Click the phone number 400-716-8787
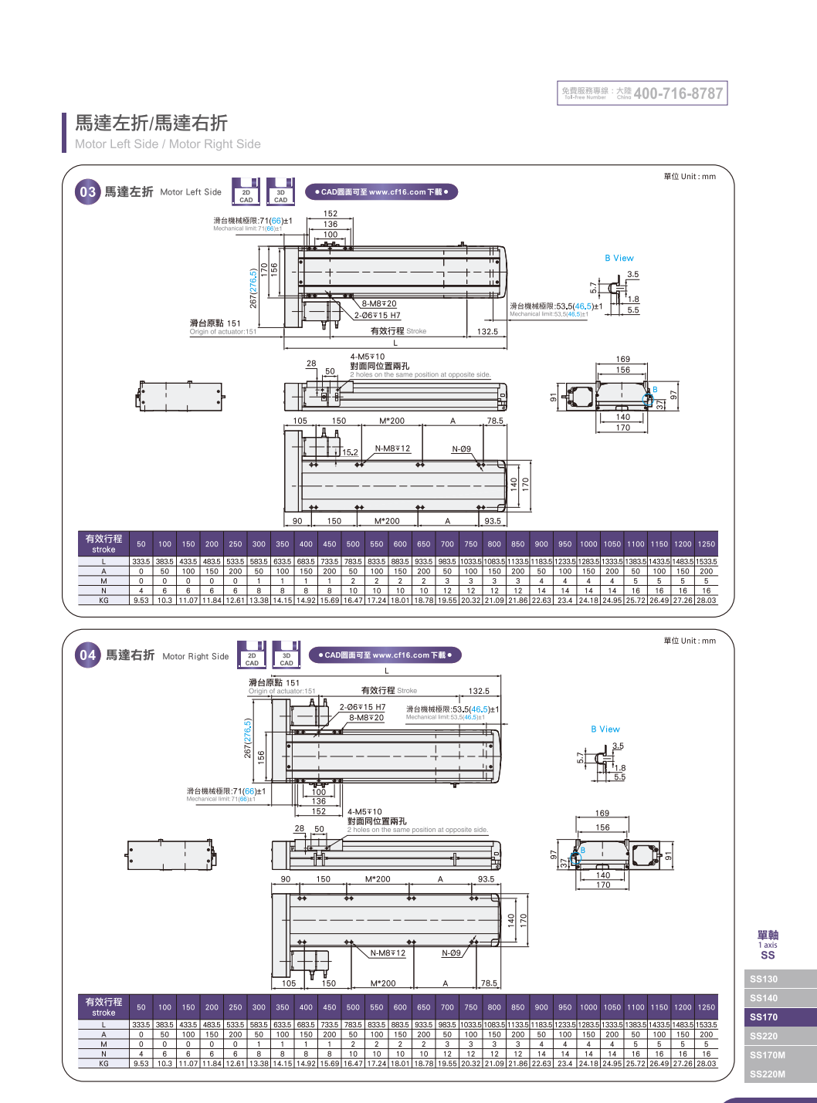click(x=678, y=93)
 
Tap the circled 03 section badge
click(x=87, y=192)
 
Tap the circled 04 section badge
click(x=87, y=655)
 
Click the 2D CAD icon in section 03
click(x=246, y=192)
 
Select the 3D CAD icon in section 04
click(x=286, y=655)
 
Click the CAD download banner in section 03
click(x=381, y=192)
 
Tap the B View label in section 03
click(x=619, y=259)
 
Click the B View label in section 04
click(x=605, y=729)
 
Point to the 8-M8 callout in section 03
click(x=379, y=304)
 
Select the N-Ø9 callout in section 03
click(x=461, y=449)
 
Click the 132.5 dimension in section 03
click(x=487, y=332)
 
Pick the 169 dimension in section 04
click(x=602, y=814)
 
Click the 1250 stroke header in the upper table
click(x=706, y=544)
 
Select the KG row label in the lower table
click(x=103, y=1064)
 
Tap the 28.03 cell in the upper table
click(x=706, y=601)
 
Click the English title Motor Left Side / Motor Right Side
click(x=168, y=144)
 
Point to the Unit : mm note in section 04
click(x=690, y=641)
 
